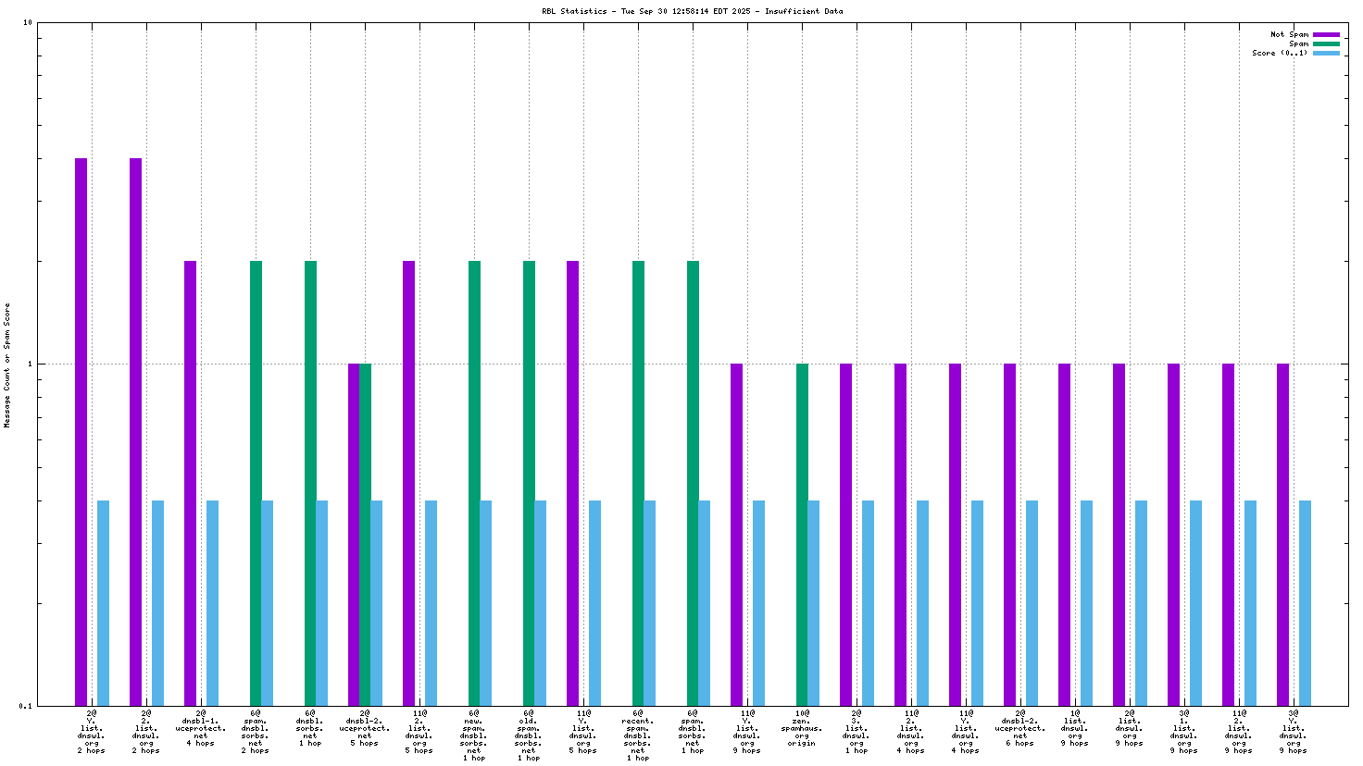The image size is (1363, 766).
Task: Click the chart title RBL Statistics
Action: [692, 12]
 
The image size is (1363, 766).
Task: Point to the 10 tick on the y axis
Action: [28, 22]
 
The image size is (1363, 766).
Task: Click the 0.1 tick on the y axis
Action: [26, 706]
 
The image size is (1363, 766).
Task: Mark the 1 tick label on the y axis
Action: [29, 364]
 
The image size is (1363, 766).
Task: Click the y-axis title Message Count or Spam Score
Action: [7, 364]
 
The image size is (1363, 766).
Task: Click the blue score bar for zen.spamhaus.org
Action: [813, 602]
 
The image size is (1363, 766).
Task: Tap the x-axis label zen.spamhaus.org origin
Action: [802, 728]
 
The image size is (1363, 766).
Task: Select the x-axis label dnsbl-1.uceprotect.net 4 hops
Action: [201, 728]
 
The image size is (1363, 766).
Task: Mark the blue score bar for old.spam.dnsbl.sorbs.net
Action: [540, 602]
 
